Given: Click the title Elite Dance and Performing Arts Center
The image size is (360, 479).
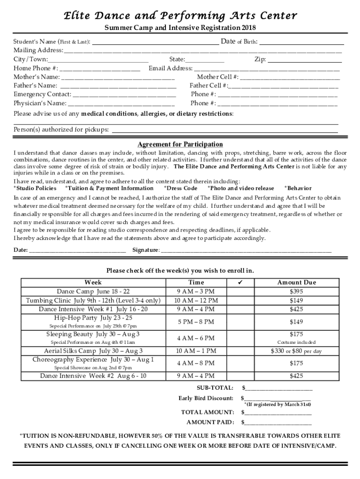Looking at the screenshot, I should pos(180,16).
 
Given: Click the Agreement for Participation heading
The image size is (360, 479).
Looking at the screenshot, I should pos(180,144).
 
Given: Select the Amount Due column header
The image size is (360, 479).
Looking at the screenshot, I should pos(296,283).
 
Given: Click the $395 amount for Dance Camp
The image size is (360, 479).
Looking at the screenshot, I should pos(296,291).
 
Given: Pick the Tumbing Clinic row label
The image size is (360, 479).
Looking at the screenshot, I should pos(93,300).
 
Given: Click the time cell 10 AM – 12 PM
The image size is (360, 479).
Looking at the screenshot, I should pos(196,300).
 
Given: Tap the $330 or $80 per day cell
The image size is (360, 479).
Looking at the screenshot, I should pos(296,351).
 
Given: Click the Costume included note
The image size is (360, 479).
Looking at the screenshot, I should pos(296,342).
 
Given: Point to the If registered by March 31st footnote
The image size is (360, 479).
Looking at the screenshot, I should pos(278,404).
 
